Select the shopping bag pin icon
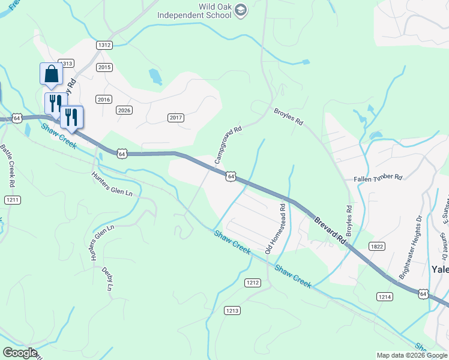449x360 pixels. pos(51,74)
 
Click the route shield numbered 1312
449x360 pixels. pos(104,45)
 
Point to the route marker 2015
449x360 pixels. pos(104,67)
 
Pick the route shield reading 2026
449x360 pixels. pos(124,110)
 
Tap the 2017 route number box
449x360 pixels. pos(176,118)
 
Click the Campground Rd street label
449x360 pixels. pos(228,146)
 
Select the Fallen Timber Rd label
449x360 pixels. pos(377,178)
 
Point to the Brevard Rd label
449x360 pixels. pos(331,230)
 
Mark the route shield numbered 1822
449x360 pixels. pos(377,246)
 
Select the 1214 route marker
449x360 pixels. pos(385,297)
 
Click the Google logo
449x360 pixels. pos(19,353)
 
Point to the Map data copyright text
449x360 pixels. pos(412,355)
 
